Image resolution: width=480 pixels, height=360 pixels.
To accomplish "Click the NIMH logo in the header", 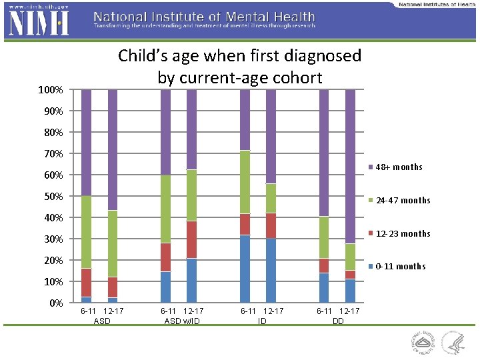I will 37,24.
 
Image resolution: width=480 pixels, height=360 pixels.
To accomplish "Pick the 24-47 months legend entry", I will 402,200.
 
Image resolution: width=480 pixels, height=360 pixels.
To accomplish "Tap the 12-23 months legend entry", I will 402,233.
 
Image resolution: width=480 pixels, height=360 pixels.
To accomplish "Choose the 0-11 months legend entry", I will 400,266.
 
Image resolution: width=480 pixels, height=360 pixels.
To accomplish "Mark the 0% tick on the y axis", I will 56,303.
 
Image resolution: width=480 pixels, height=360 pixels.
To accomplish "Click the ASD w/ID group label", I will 182,321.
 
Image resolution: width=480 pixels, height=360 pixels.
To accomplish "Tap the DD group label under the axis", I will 338,321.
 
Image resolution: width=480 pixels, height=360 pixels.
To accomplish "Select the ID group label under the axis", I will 262,321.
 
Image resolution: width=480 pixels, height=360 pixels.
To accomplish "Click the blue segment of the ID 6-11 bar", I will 245,269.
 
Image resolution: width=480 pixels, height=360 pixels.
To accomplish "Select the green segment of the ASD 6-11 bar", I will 87,232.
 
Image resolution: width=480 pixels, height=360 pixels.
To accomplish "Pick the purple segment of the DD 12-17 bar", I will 350,167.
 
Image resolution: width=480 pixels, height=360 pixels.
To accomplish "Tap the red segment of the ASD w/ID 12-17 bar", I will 191,239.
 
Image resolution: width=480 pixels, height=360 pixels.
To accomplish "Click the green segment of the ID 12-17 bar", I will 271,199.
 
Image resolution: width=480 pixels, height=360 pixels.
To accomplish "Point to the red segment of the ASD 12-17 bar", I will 113,287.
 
